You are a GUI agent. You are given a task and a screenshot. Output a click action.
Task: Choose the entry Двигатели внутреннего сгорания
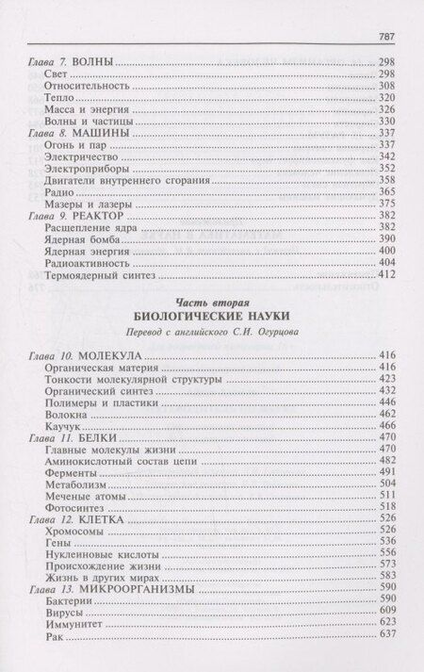click(118, 178)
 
